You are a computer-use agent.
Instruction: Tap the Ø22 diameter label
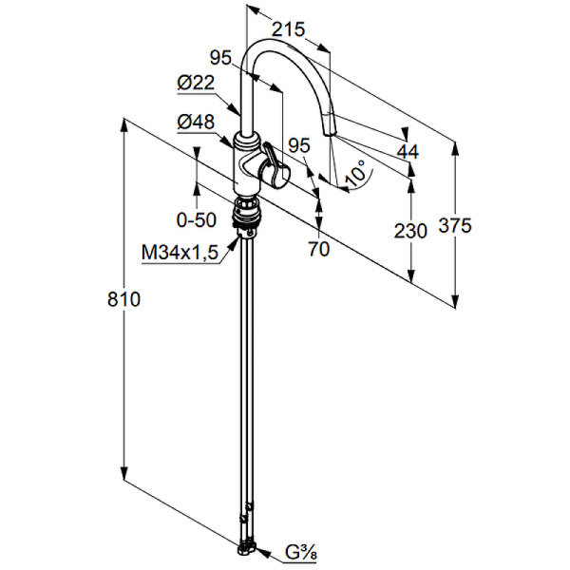pyautogui.click(x=196, y=84)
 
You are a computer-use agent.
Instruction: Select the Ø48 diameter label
pyautogui.click(x=197, y=121)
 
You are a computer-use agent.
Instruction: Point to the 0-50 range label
pyautogui.click(x=197, y=220)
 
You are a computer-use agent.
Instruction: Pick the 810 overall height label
pyautogui.click(x=124, y=300)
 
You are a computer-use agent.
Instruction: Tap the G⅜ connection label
pyautogui.click(x=303, y=550)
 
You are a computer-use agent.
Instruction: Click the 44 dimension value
pyautogui.click(x=408, y=151)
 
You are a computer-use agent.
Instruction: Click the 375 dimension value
pyautogui.click(x=455, y=225)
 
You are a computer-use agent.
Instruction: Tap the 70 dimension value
pyautogui.click(x=319, y=250)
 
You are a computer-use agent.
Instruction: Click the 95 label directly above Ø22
pyautogui.click(x=221, y=58)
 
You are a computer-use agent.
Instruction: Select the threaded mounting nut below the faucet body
pyautogui.click(x=246, y=211)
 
